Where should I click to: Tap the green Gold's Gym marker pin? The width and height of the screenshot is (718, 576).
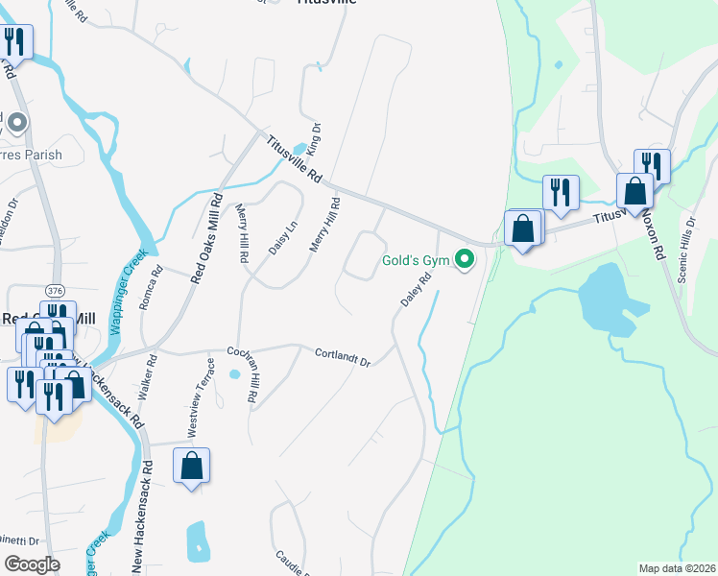[x=465, y=259]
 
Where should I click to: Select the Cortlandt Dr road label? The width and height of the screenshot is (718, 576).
[x=343, y=356]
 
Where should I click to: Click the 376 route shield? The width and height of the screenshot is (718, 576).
[x=56, y=291]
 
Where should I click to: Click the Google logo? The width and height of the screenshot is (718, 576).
[x=32, y=564]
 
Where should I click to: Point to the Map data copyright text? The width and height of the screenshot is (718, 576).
[x=677, y=568]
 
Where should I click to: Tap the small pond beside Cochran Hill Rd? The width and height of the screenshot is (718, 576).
[x=234, y=373]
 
